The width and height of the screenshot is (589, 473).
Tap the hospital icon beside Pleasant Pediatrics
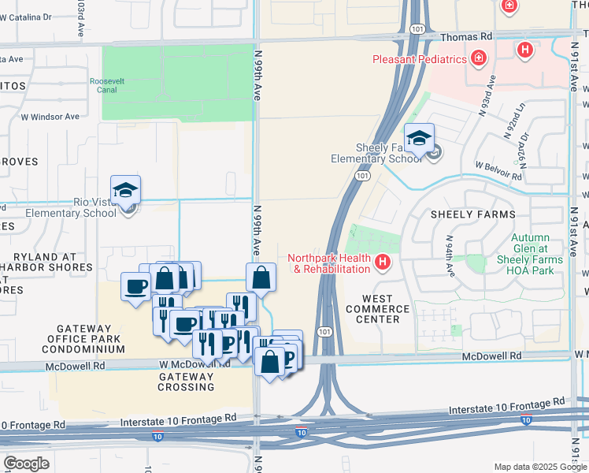pos(478,58)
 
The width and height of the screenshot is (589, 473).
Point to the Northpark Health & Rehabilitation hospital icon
pos(383,262)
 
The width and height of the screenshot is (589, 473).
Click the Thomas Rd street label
pos(466,36)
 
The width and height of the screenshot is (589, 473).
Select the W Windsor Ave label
pos(50,117)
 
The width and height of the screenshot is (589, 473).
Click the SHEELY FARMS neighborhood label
pos(472,214)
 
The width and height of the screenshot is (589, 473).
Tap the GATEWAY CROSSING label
pos(186,382)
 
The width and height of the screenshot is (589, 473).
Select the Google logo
pos(26,464)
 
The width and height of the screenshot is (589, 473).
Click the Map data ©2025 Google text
pos(540,467)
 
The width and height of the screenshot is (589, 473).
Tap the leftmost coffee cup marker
pos(135,286)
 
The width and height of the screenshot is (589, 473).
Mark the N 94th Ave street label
pos(450,251)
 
